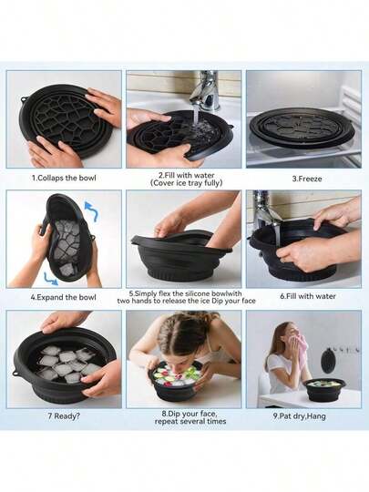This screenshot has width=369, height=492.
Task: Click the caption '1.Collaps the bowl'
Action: (64, 178)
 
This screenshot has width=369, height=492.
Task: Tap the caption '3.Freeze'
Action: (307, 179)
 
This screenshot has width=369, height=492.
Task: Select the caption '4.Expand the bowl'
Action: (63, 297)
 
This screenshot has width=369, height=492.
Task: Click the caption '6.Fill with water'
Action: (308, 296)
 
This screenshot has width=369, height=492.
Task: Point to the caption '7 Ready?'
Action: (64, 416)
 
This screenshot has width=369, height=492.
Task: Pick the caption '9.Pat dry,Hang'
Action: (299, 416)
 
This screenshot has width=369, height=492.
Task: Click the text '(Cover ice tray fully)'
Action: (187, 183)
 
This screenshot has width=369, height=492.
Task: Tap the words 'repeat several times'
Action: (190, 421)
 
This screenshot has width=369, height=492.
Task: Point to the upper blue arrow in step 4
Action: (92, 210)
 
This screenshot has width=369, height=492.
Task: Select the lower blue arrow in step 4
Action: (50, 279)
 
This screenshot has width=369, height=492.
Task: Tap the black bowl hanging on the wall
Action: (328, 361)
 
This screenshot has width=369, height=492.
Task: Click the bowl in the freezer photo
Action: (302, 128)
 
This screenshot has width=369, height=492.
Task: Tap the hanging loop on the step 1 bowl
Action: (24, 98)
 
